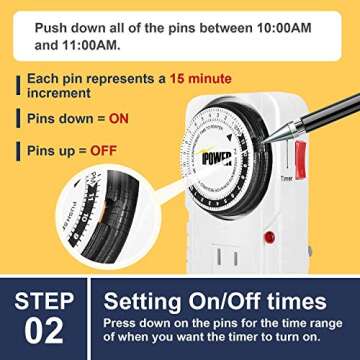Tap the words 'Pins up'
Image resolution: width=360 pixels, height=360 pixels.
pos(46,152)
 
